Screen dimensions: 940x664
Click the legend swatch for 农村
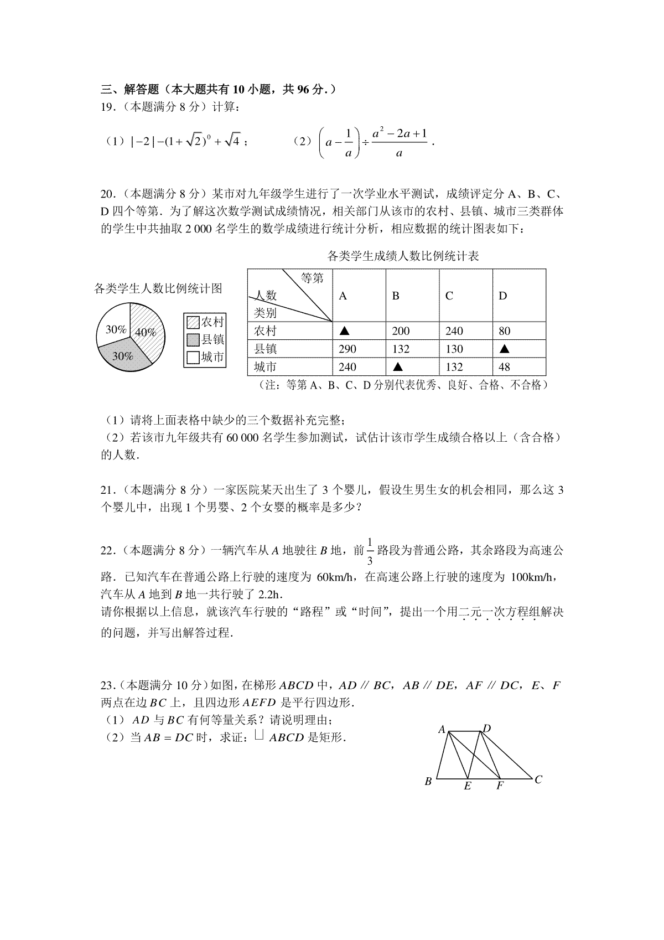(193, 322)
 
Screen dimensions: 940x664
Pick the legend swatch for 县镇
(193, 340)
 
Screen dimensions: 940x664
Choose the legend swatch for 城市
(193, 358)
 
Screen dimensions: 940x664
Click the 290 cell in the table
(347, 349)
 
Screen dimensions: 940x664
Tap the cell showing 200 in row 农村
(401, 331)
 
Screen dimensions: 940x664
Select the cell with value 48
(504, 366)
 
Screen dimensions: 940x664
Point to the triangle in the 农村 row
(344, 331)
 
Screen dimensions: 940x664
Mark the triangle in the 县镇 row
(504, 349)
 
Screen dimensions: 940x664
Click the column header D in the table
(502, 296)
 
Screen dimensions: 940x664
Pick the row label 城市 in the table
(265, 366)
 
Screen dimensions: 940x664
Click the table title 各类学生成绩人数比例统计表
(403, 256)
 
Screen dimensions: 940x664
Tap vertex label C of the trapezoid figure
(538, 779)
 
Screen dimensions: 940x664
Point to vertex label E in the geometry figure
(468, 786)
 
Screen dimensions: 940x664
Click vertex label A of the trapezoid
(442, 730)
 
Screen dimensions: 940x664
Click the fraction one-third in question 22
(370, 551)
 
